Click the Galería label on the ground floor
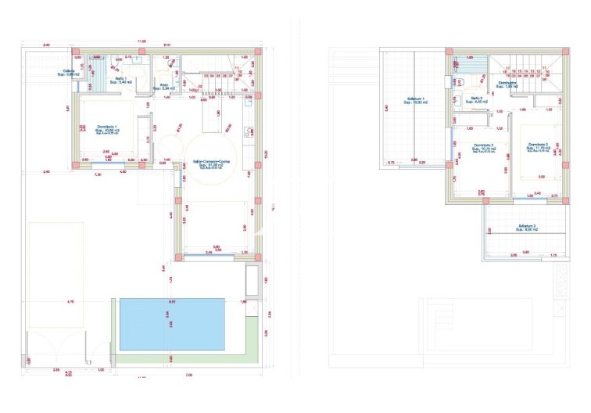(x=68, y=72)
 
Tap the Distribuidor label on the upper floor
(x=509, y=83)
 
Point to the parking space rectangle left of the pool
(x=56, y=274)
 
